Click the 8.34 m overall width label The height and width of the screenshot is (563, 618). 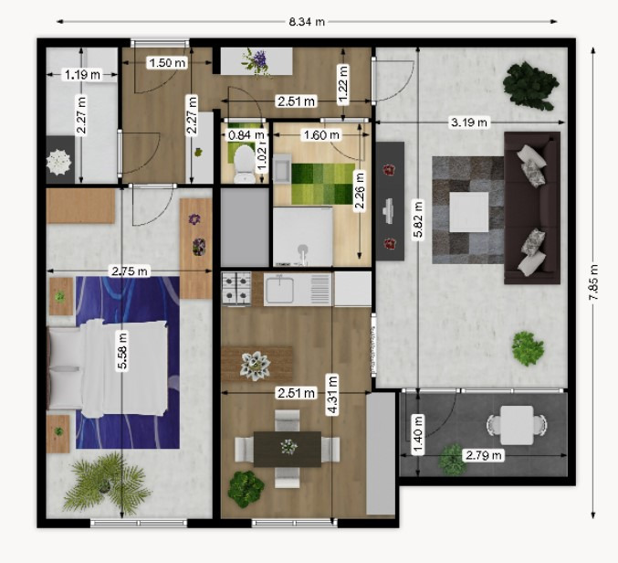tap(307, 22)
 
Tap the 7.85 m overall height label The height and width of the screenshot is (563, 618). tap(593, 282)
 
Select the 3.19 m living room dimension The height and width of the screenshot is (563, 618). tap(468, 122)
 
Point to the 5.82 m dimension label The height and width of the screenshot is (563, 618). tap(418, 219)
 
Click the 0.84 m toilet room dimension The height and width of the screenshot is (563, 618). tap(246, 135)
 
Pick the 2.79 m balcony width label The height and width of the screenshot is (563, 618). tap(483, 456)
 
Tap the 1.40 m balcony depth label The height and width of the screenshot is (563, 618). tap(418, 434)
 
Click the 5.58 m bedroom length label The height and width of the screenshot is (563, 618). tap(122, 351)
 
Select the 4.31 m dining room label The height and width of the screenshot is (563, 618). tap(332, 395)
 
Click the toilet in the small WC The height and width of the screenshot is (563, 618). tap(245, 165)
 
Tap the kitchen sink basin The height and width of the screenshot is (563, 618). tap(279, 290)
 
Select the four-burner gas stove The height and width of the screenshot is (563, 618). tap(236, 289)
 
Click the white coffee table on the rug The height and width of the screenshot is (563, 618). tap(468, 212)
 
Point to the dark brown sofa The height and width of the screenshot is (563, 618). tap(532, 207)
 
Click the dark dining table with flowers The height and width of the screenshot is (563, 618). tap(288, 449)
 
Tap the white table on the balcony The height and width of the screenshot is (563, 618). tap(517, 425)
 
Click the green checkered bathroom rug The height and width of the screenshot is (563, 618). tap(323, 184)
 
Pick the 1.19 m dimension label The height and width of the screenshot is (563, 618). tap(82, 74)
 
